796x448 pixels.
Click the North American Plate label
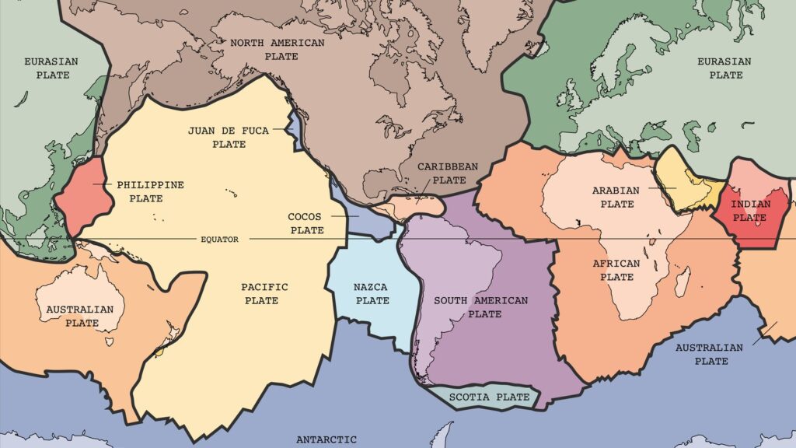(277, 50)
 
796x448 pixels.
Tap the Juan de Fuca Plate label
(228, 137)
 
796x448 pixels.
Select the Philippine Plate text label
(150, 191)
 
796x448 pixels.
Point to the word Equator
(218, 240)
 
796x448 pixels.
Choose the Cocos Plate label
(305, 223)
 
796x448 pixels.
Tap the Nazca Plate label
(372, 294)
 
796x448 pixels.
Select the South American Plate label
(480, 307)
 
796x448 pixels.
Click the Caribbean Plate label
(447, 173)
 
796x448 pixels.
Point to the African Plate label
(616, 270)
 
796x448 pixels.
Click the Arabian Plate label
(615, 197)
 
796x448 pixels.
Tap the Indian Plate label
(749, 211)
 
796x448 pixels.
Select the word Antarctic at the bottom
(326, 439)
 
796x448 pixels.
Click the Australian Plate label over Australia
(79, 316)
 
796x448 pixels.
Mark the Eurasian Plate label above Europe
(724, 68)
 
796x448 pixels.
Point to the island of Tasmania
(110, 341)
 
